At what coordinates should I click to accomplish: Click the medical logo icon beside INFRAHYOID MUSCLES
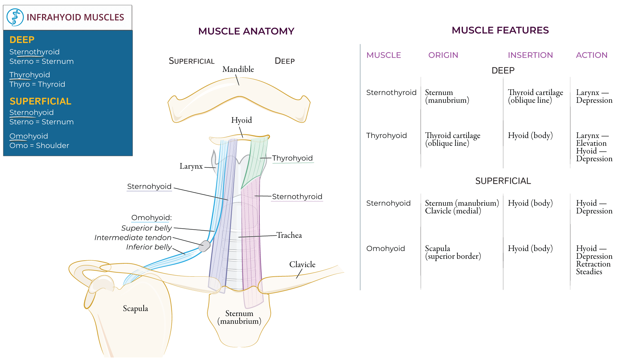coord(15,17)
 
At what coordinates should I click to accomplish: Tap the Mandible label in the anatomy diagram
coord(238,69)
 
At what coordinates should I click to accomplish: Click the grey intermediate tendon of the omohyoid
coord(204,246)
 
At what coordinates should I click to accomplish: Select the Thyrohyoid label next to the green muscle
coord(292,158)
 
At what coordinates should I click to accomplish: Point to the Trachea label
coord(289,235)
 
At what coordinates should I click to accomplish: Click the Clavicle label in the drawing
coord(302,265)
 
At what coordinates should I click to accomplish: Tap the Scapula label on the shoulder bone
coord(135,309)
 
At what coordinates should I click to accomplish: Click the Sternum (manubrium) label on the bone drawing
coord(239,317)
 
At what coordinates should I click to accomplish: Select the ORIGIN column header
coord(443,55)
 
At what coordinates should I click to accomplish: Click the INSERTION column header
coord(530,55)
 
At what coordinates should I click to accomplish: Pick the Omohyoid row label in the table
coord(385,249)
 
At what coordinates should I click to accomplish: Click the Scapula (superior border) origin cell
coord(453,252)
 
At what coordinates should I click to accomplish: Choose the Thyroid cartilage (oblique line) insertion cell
coord(535,96)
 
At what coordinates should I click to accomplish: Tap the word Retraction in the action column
coord(593,264)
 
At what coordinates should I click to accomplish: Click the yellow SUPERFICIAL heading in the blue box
coord(40,101)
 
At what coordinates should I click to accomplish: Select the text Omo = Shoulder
coord(39,146)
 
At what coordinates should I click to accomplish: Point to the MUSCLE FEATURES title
coord(500,30)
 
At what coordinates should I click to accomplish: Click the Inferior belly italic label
coord(149,247)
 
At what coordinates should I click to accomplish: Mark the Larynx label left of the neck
coord(191,166)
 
